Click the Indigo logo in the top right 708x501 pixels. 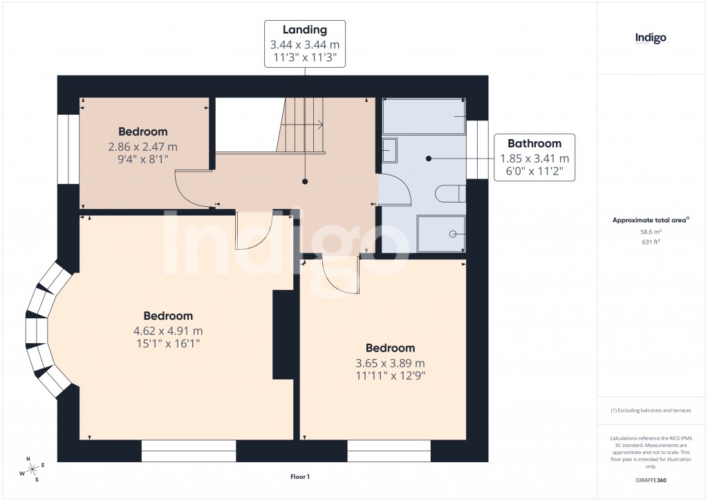point(651,38)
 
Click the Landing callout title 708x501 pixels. point(305,30)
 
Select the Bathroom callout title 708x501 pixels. point(534,144)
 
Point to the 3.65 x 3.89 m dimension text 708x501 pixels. point(391,363)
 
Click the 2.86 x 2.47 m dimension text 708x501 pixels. point(142,147)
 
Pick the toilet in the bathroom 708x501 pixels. point(451,192)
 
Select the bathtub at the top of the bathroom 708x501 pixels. point(424,116)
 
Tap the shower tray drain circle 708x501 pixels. point(454,234)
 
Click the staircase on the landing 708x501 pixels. point(302,125)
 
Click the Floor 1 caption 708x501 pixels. point(300,477)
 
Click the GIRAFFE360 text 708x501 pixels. point(650,480)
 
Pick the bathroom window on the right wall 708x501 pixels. point(477,149)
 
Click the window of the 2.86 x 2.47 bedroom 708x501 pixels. point(68,149)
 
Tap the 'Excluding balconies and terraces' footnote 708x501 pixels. point(651,410)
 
